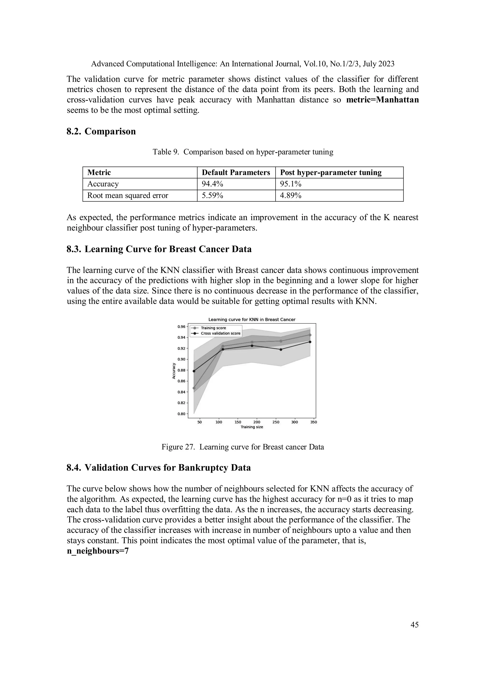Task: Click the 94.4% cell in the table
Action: coord(212,184)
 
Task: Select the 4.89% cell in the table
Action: coord(290,195)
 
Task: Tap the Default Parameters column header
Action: coord(236,173)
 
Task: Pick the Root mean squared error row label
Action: coord(128,195)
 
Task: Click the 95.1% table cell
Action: coord(290,184)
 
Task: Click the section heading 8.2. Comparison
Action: coord(101,131)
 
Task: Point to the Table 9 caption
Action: coord(243,152)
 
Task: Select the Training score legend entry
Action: coord(213,328)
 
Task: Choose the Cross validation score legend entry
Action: coord(220,333)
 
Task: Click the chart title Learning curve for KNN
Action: coord(252,320)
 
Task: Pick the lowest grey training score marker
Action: coord(194,388)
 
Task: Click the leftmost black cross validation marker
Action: coord(194,371)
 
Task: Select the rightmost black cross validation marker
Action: coord(310,342)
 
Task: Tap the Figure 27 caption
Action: coord(243,447)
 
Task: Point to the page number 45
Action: coord(414,625)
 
